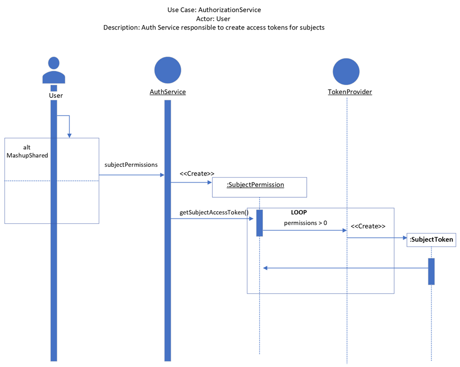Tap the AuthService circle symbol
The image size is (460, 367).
pyautogui.click(x=168, y=70)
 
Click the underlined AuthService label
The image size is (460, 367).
pyautogui.click(x=168, y=92)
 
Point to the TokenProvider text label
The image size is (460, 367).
pyautogui.click(x=349, y=92)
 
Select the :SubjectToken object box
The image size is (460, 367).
pyautogui.click(x=431, y=240)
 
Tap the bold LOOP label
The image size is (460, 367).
pyautogui.click(x=299, y=213)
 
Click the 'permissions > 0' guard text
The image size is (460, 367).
pyautogui.click(x=305, y=223)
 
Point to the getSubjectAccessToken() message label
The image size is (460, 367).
pyautogui.click(x=214, y=213)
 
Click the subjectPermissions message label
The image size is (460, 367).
pyautogui.click(x=131, y=165)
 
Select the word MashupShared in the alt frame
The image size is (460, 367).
pyautogui.click(x=27, y=155)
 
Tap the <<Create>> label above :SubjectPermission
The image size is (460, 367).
pyautogui.click(x=197, y=174)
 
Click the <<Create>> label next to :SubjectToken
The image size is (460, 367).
pyautogui.click(x=368, y=226)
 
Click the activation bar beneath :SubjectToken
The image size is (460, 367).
pyautogui.click(x=431, y=271)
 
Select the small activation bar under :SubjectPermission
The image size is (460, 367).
pyautogui.click(x=259, y=223)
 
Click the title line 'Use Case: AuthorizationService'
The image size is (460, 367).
pyautogui.click(x=214, y=9)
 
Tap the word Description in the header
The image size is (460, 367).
pyautogui.click(x=120, y=28)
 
